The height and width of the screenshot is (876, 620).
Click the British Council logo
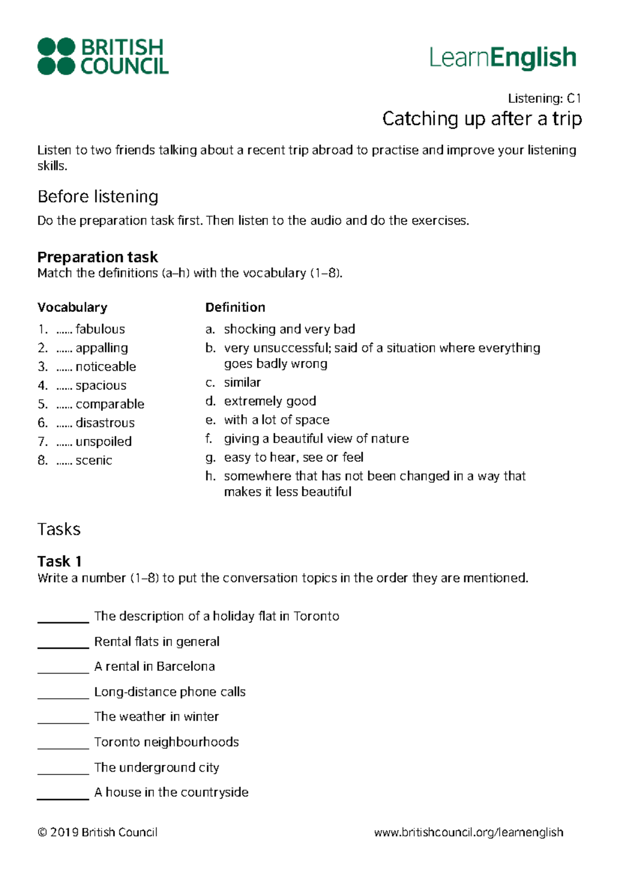(103, 56)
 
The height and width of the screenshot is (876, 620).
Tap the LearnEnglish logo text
(502, 57)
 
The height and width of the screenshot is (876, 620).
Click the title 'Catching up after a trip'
(482, 119)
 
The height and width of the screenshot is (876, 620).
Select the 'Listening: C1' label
(545, 98)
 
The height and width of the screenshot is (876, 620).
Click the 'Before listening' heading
(98, 197)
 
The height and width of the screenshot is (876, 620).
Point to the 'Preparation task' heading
(98, 257)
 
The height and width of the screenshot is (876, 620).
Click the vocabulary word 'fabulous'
(100, 329)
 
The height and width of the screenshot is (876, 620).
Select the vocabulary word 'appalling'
(102, 348)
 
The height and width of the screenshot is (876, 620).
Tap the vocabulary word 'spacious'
(101, 385)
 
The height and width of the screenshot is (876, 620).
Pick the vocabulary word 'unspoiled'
(103, 442)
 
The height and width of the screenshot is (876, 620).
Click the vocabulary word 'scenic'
(94, 460)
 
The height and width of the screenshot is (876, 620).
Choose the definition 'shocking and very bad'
(289, 329)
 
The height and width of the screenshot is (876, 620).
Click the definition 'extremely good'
(270, 401)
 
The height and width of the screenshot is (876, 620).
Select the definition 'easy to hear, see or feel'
(293, 457)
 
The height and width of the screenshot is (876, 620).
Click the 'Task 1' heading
(59, 561)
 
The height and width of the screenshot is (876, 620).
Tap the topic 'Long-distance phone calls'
(170, 692)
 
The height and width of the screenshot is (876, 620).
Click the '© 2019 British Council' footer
(98, 832)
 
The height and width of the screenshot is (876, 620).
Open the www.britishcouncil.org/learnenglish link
(469, 832)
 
